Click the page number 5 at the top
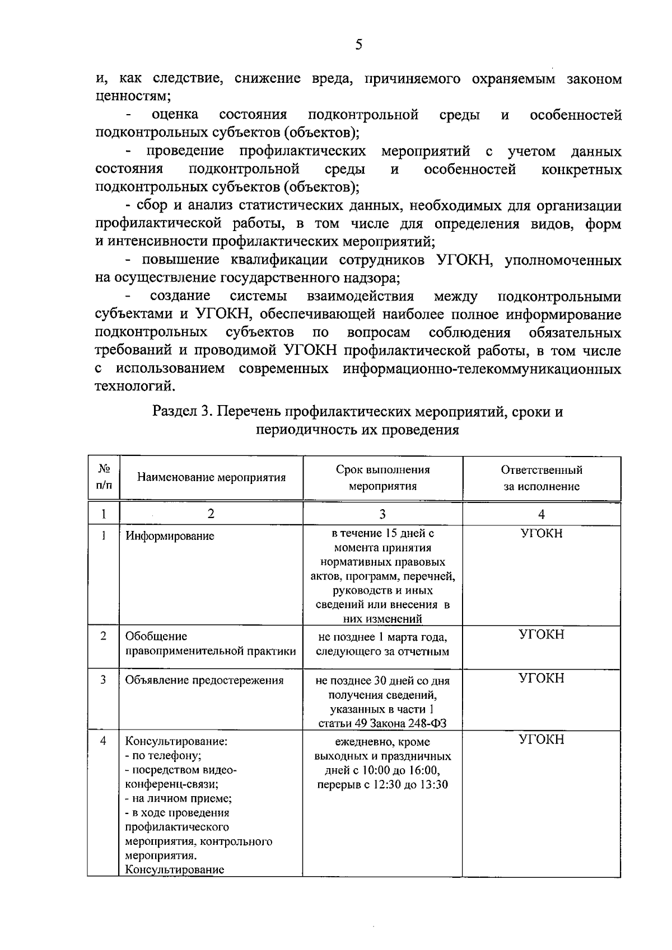point(358,45)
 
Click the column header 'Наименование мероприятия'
point(211,478)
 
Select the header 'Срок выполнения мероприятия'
point(382,478)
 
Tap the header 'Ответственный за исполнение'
point(541,478)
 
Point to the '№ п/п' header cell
point(104,477)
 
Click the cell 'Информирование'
point(170,537)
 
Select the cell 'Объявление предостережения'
point(204,680)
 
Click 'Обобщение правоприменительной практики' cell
point(210,644)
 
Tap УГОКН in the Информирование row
point(541,533)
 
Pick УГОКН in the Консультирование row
point(541,740)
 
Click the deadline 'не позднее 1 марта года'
point(382,637)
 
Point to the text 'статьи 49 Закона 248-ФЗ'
point(382,723)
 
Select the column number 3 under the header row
point(382,514)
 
